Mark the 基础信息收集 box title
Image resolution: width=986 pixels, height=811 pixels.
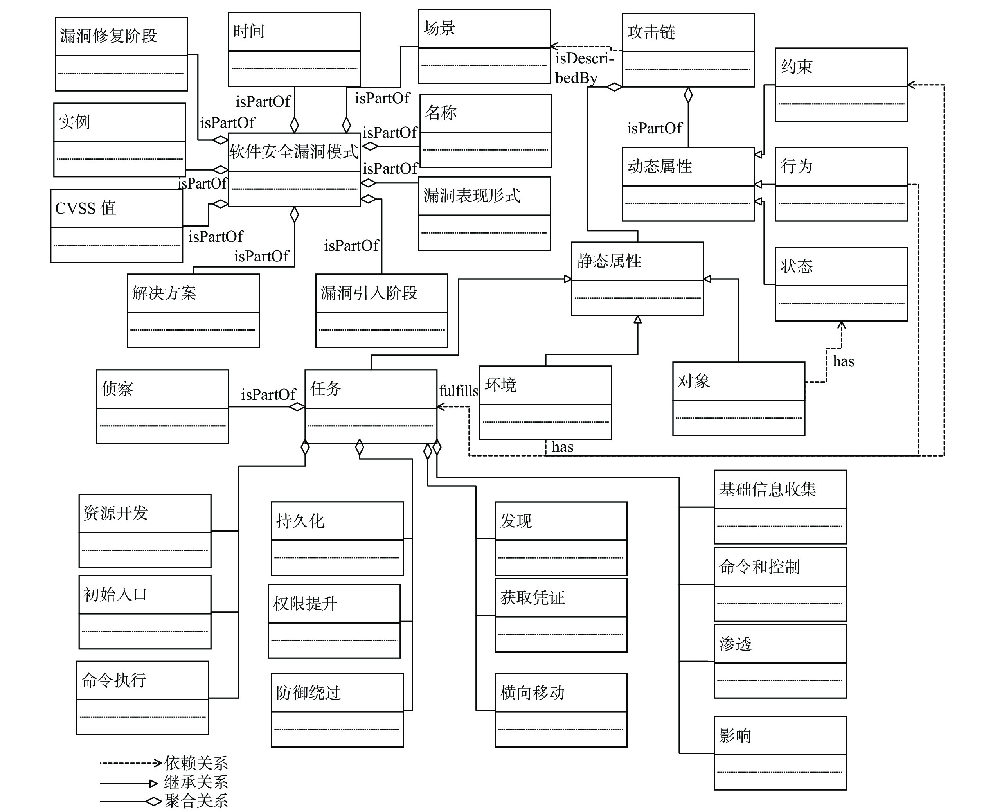[767, 489]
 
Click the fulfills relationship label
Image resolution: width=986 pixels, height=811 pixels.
[459, 390]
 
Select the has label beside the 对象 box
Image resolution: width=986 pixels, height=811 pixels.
[844, 361]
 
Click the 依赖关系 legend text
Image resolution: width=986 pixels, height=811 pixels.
[196, 763]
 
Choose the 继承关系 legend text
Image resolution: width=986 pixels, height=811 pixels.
[196, 782]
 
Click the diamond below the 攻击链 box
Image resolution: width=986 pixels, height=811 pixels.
[688, 95]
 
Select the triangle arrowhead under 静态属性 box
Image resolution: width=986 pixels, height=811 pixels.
[637, 320]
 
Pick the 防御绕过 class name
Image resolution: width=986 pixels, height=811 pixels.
[308, 692]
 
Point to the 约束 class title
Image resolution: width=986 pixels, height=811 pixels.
[797, 67]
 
